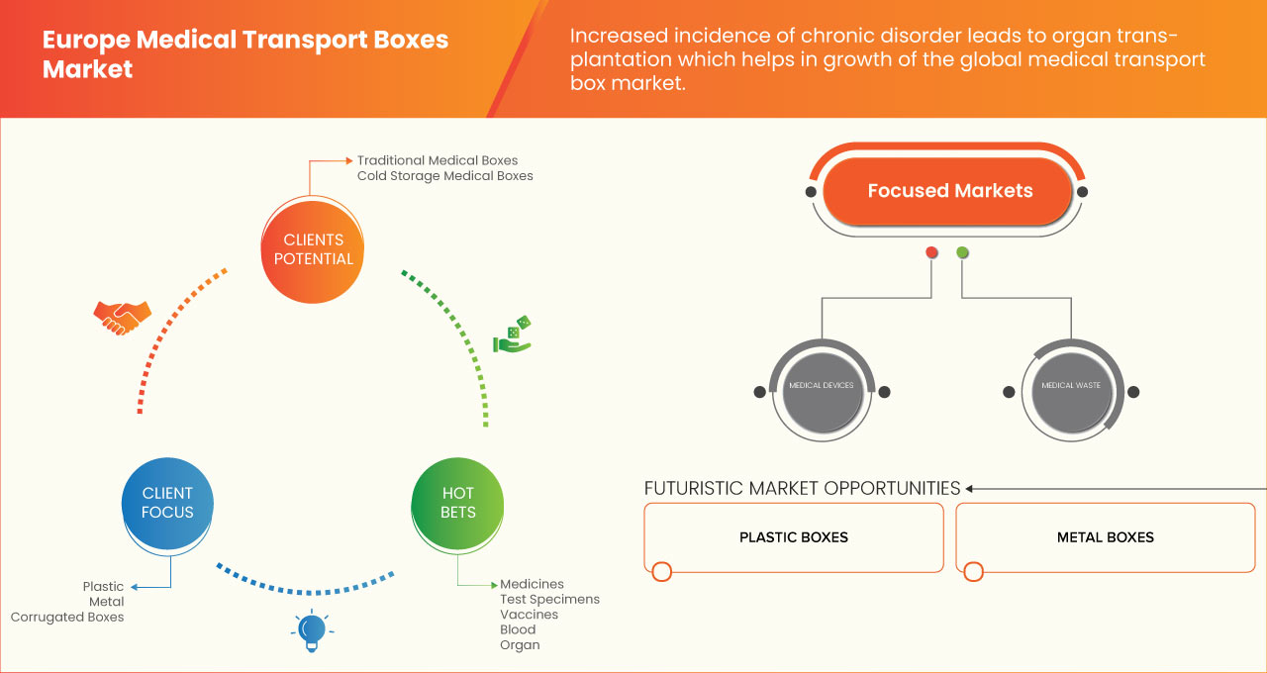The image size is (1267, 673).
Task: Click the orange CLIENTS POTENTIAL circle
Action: point(312,248)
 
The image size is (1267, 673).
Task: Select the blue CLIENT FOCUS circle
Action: point(167,502)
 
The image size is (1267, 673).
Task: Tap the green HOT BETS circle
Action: point(457,502)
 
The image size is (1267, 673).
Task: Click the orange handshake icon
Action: point(122,317)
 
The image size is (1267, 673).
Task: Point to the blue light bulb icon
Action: point(311,630)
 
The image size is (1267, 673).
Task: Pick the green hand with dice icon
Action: point(513,336)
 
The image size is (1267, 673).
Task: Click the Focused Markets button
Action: point(949,191)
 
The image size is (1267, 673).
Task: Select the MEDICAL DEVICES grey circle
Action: point(821,385)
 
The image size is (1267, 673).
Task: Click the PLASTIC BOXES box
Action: point(793,537)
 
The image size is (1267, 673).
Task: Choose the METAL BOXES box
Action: point(1105,537)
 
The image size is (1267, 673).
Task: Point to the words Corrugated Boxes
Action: point(67,617)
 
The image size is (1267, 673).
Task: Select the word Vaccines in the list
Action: point(529,615)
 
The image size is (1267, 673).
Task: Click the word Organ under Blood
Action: point(520,644)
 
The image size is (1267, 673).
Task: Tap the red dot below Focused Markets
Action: point(931,253)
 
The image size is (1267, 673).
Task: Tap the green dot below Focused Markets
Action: point(962,253)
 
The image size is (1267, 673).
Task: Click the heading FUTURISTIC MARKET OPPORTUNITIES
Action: point(802,488)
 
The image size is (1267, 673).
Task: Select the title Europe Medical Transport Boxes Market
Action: point(244,54)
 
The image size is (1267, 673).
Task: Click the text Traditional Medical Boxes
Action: point(437,160)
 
